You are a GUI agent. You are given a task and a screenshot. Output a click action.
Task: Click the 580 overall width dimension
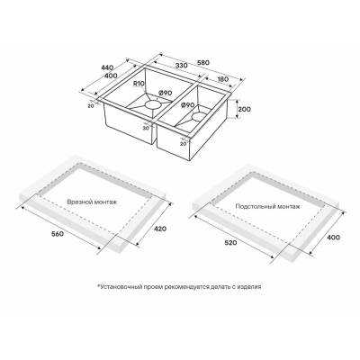tap(202, 63)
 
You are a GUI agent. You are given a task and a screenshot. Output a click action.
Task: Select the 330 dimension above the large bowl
tap(181, 66)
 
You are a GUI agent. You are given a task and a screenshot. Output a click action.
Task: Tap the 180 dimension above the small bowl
tap(222, 79)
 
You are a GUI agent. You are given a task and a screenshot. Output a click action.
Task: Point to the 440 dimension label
tap(107, 67)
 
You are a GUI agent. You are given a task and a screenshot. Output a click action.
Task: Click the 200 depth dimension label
tap(245, 110)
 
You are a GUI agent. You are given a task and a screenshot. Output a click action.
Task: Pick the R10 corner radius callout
tap(139, 84)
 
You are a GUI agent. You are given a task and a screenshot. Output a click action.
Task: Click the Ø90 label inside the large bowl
tap(165, 93)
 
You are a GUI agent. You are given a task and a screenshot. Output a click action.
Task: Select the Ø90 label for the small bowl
tap(188, 105)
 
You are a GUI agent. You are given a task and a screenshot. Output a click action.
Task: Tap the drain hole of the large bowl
tap(152, 104)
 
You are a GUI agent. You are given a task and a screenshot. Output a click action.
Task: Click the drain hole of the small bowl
tap(198, 116)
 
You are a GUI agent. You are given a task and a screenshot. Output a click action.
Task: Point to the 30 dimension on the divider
tap(147, 128)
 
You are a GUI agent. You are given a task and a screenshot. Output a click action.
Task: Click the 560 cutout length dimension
tap(58, 234)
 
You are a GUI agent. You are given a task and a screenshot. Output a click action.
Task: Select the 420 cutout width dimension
tap(160, 229)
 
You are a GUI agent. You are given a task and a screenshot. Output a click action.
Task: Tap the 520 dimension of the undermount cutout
tap(230, 242)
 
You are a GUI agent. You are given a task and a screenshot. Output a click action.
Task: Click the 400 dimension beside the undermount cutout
tap(334, 238)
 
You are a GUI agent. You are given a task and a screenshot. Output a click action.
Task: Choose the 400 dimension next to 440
tap(112, 76)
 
